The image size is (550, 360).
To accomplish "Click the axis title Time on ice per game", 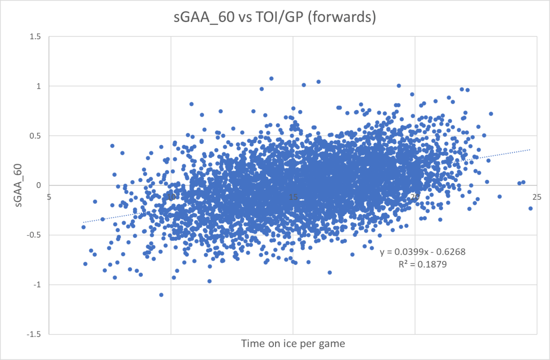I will (293, 343).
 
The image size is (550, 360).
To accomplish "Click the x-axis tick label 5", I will (49, 196).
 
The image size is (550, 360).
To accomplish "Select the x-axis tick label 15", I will (293, 196).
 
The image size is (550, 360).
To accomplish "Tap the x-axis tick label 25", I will (537, 196).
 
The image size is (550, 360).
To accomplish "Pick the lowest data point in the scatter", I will (161, 294).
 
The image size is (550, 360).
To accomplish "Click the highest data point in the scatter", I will (271, 78).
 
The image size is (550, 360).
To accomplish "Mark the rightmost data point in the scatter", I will (530, 208).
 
